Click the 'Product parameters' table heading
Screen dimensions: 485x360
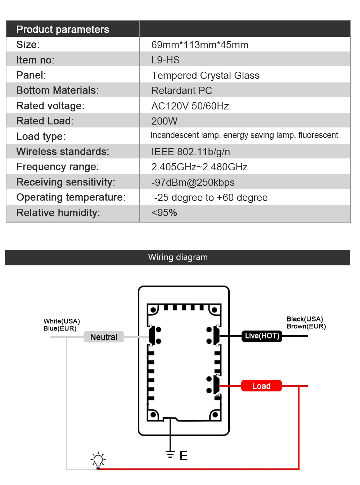[63, 30]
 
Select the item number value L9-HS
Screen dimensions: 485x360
[165, 60]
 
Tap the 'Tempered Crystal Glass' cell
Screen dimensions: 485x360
[205, 76]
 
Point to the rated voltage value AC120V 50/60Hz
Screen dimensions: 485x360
[190, 106]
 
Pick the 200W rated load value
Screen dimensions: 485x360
[164, 121]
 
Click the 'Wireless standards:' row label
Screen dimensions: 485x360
[63, 152]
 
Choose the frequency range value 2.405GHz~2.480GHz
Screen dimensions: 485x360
[199, 167]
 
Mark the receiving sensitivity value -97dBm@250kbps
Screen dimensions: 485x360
[193, 183]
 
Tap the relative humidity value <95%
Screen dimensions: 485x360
[164, 213]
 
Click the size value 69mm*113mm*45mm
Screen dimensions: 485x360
[200, 45]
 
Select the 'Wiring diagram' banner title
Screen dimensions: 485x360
[178, 257]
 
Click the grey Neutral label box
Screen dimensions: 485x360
[104, 337]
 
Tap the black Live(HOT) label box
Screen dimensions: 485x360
[262, 336]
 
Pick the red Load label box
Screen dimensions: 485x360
[261, 386]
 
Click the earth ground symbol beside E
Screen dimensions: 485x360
[170, 454]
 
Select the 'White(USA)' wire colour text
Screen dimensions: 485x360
[62, 321]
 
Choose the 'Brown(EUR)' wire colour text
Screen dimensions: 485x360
[306, 326]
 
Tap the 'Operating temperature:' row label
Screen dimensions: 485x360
[71, 197]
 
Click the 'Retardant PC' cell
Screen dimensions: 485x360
[181, 91]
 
